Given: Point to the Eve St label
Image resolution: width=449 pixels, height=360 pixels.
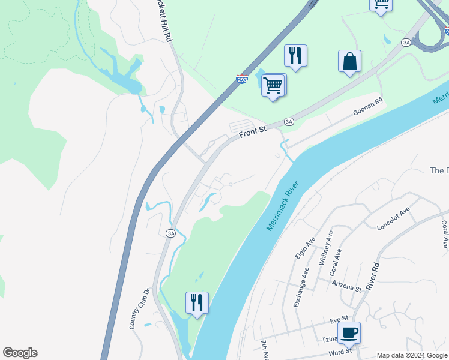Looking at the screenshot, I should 339,319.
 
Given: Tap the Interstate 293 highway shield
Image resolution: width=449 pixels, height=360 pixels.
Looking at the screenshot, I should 242,79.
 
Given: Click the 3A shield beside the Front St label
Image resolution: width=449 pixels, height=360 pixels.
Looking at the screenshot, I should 289,122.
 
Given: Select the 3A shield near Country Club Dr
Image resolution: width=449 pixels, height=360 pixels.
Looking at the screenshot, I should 171,233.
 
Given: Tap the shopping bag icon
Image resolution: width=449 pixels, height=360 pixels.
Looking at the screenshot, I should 349,61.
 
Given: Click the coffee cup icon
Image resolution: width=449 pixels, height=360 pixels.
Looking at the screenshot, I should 349,332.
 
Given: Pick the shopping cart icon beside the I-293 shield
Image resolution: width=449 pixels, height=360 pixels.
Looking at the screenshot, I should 273,85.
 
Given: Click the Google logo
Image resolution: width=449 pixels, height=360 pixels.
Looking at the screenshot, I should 20,353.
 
